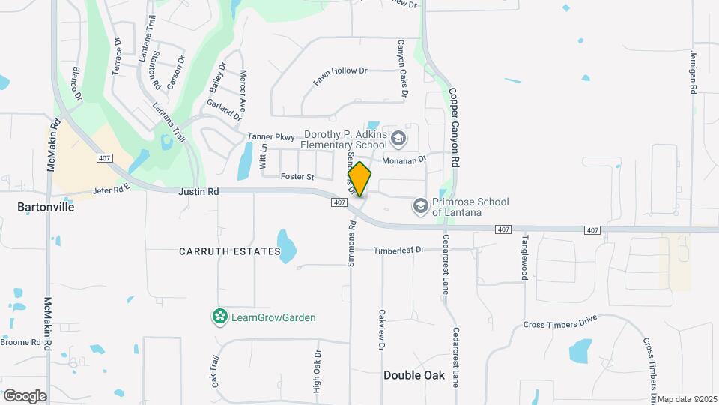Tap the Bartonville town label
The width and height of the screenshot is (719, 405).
click(x=46, y=207)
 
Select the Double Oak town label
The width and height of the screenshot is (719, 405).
click(x=414, y=375)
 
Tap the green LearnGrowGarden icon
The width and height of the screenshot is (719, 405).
click(x=219, y=317)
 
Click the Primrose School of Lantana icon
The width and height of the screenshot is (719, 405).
click(x=421, y=205)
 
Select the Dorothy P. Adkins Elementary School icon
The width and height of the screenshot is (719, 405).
click(x=398, y=138)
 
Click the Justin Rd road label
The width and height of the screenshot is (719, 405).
click(x=198, y=193)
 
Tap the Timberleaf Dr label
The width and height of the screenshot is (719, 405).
click(x=399, y=250)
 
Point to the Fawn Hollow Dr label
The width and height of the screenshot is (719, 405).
click(x=340, y=77)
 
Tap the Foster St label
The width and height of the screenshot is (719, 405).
click(x=297, y=177)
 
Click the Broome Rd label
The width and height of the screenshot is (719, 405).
click(x=20, y=343)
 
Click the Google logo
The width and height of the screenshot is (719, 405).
click(x=25, y=395)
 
